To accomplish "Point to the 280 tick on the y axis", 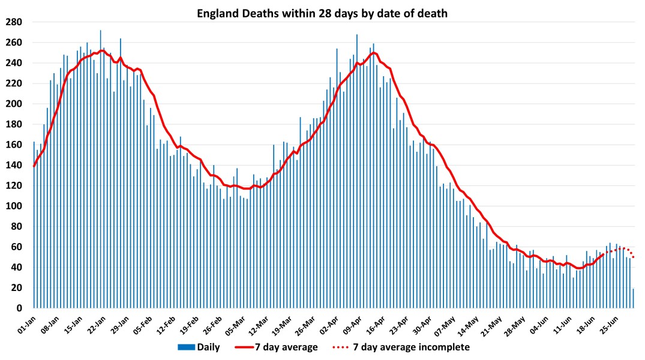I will coord(14,22).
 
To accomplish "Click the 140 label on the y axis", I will coord(14,165).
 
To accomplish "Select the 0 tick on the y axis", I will coord(19,308).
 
